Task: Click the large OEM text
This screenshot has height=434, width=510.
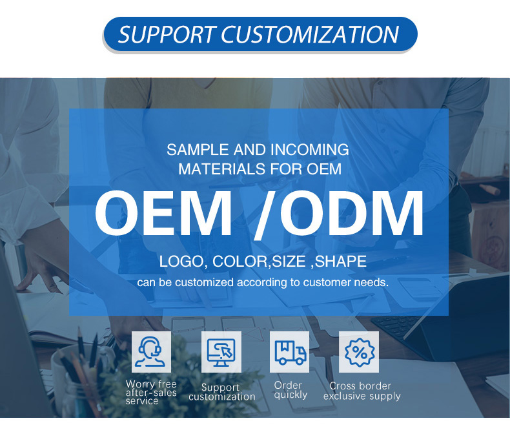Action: [163, 213]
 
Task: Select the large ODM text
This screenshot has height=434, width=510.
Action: [352, 213]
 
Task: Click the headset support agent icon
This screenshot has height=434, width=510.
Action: [151, 352]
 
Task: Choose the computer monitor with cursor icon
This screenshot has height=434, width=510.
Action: [221, 352]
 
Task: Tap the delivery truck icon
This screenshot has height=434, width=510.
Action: [290, 352]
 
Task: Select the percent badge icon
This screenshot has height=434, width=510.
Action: [359, 352]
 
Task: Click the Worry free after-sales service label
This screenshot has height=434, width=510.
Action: [151, 393]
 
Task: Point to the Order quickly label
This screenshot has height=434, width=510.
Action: [290, 390]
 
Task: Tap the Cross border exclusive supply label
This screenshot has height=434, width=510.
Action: [361, 391]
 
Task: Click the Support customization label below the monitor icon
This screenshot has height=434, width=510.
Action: [221, 392]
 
